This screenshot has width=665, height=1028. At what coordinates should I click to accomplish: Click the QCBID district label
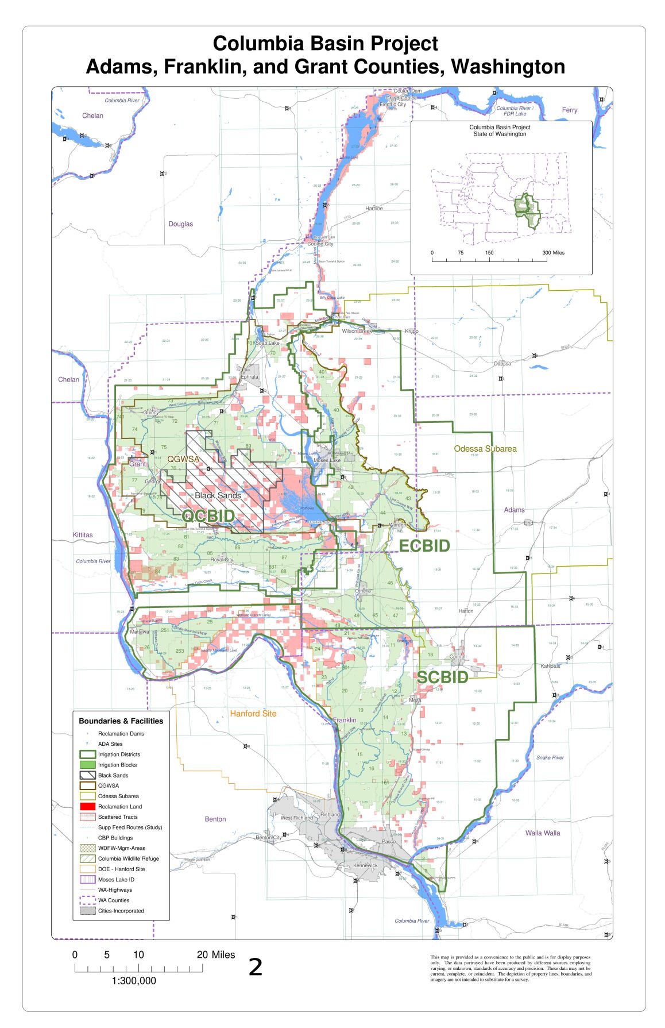pyautogui.click(x=208, y=515)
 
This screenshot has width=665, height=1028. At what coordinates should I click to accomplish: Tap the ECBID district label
pyautogui.click(x=424, y=546)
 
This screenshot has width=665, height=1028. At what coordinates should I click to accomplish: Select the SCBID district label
pyautogui.click(x=442, y=677)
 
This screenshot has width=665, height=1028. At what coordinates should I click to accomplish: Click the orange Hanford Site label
pyautogui.click(x=253, y=714)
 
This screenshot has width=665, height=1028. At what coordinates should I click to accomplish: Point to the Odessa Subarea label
pyautogui.click(x=485, y=449)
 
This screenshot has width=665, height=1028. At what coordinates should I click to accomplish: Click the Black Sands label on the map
pyautogui.click(x=218, y=495)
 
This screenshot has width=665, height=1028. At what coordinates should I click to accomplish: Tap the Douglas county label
pyautogui.click(x=181, y=224)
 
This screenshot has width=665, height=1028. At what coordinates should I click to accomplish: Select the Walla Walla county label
pyautogui.click(x=543, y=833)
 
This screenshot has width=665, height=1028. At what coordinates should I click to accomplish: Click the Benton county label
pyautogui.click(x=215, y=819)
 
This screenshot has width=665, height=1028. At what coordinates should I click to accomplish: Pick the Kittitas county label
pyautogui.click(x=83, y=535)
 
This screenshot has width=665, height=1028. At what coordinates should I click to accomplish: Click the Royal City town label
pyautogui.click(x=222, y=560)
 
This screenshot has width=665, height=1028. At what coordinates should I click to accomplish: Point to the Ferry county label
pyautogui.click(x=570, y=110)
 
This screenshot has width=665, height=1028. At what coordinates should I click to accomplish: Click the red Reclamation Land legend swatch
pyautogui.click(x=87, y=806)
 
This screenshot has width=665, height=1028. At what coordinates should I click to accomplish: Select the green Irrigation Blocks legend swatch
pyautogui.click(x=87, y=765)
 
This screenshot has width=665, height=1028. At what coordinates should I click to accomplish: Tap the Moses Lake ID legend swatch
pyautogui.click(x=87, y=879)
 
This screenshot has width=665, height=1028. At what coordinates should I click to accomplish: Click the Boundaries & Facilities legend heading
pyautogui.click(x=121, y=721)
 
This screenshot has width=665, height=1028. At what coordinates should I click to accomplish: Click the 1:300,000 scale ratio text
pyautogui.click(x=134, y=981)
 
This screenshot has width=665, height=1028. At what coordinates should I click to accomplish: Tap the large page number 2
pyautogui.click(x=256, y=968)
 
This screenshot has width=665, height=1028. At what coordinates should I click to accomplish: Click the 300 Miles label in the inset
pyautogui.click(x=554, y=253)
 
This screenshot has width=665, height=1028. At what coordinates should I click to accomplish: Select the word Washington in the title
pyautogui.click(x=508, y=67)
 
